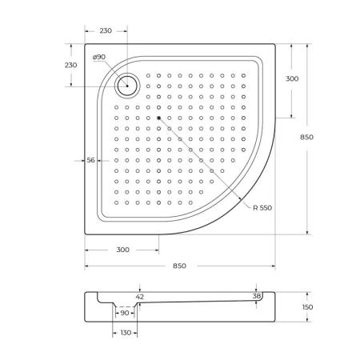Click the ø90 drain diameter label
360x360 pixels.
(x=99, y=57)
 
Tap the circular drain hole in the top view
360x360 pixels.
(x=126, y=83)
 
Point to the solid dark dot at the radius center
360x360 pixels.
(x=159, y=117)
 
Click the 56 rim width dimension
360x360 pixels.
(x=91, y=161)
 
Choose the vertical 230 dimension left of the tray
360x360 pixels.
(x=70, y=65)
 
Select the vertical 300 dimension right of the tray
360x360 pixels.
(x=292, y=79)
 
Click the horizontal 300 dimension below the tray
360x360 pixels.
(x=122, y=250)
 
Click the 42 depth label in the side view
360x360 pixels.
(x=140, y=297)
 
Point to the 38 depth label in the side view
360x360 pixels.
(x=256, y=296)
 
